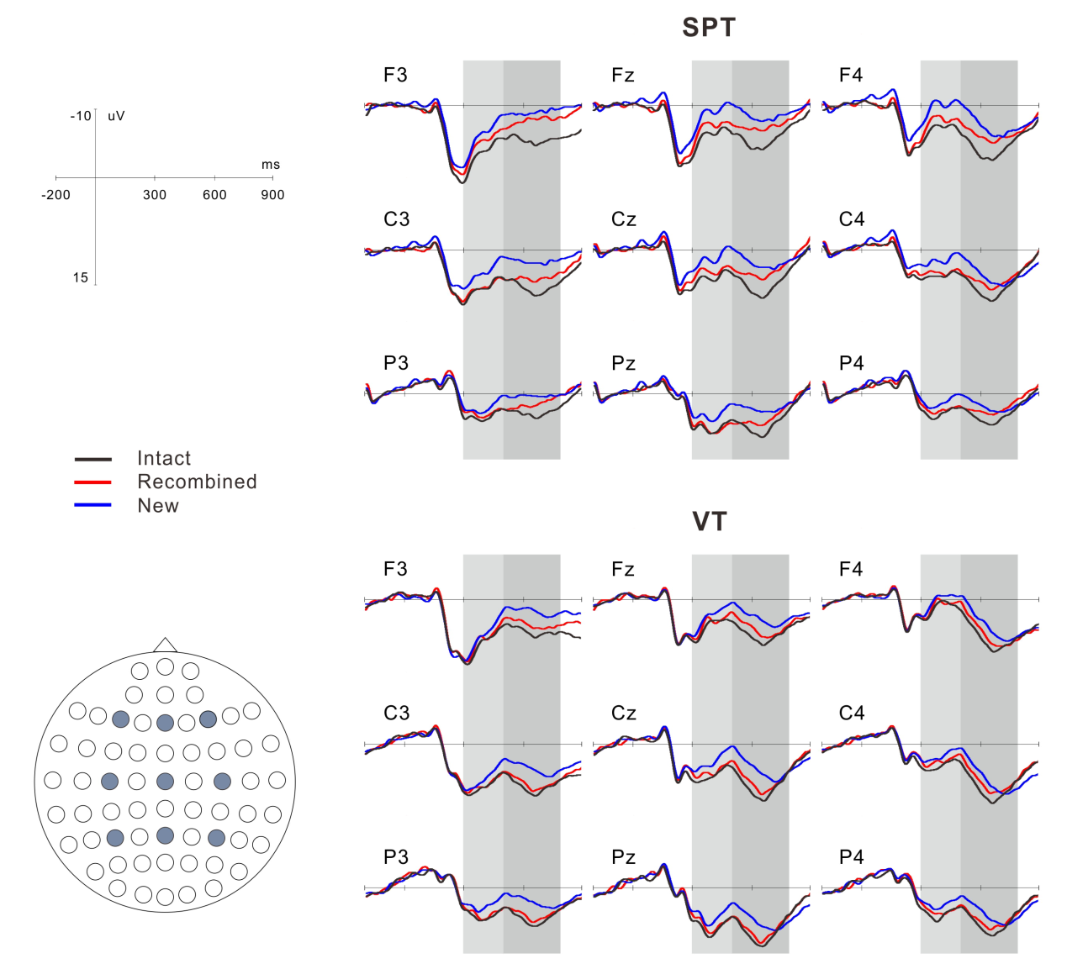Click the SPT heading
709,28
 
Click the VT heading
709,522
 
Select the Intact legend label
164,459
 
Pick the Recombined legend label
197,482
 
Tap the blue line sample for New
93,505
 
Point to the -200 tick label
56,195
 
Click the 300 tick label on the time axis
155,195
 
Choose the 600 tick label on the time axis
214,195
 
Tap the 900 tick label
272,195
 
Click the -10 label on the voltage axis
81,116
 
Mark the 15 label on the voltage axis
81,278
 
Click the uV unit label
116,116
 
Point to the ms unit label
271,165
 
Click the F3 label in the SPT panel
395,76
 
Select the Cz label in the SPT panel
624,220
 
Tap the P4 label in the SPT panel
852,363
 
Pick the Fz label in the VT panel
623,570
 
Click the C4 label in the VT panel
852,714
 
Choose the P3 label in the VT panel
396,857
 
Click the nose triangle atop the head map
165,645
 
